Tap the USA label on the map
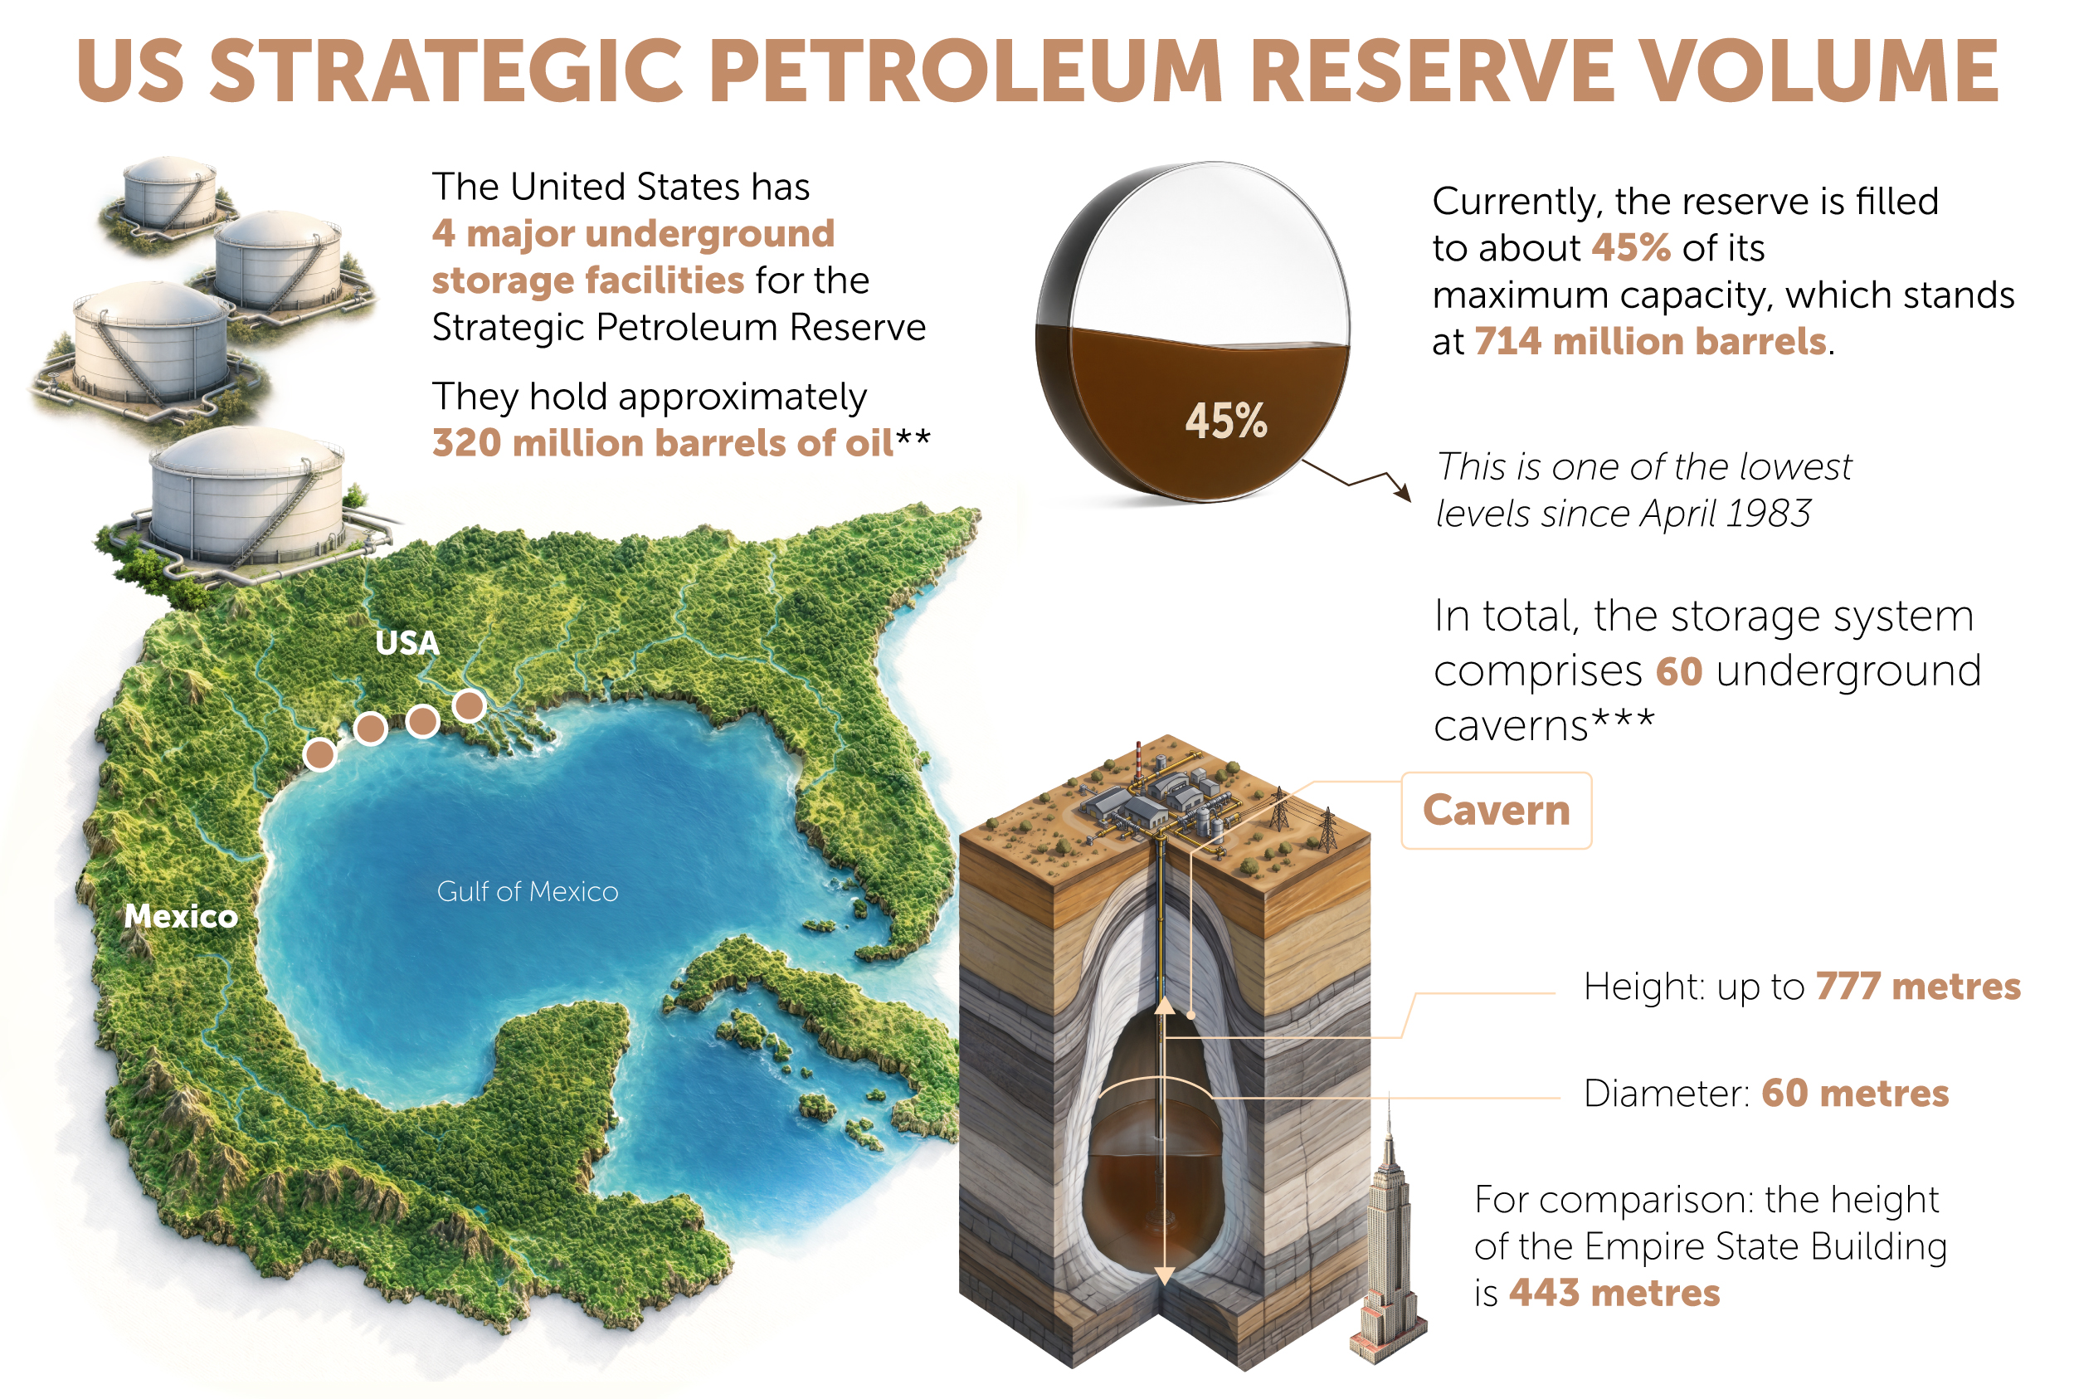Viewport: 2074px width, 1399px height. [x=407, y=642]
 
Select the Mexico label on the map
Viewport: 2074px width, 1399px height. [x=181, y=915]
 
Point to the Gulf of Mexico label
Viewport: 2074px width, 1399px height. [x=527, y=891]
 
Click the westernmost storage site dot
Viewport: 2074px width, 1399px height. [x=319, y=754]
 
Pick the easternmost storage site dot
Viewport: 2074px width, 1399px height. [x=470, y=706]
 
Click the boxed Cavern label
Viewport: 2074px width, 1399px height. [x=1496, y=810]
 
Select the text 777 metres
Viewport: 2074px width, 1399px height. [x=1918, y=986]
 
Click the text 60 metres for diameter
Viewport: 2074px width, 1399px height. [x=1856, y=1093]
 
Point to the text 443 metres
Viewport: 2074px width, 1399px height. [x=1614, y=1292]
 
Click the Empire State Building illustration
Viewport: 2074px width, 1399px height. [x=1386, y=1241]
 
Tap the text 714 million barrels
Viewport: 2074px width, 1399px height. [x=1650, y=341]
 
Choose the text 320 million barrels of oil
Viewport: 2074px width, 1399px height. [x=663, y=442]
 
